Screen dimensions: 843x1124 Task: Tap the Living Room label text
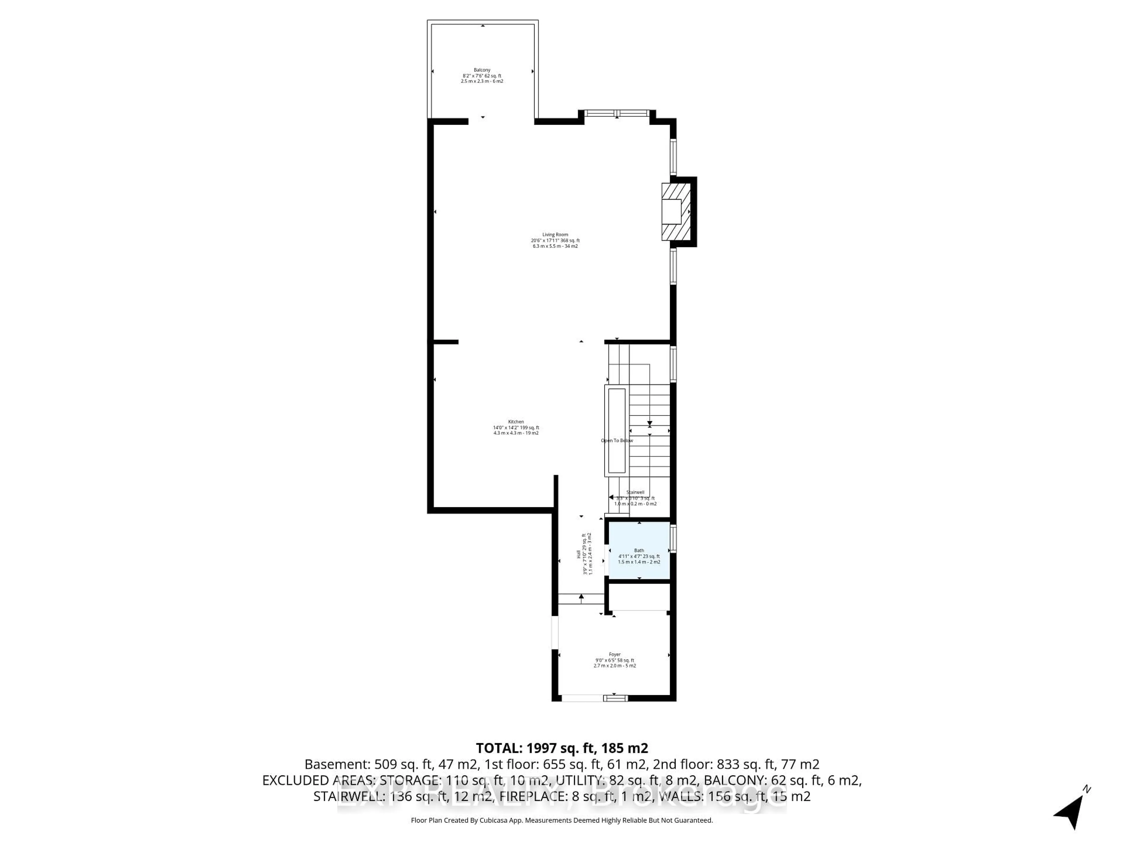point(555,235)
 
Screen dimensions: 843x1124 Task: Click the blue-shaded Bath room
point(639,550)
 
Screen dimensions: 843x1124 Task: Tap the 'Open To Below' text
point(617,441)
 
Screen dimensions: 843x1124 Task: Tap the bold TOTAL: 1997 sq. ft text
point(561,748)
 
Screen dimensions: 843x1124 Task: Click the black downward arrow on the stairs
point(650,423)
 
